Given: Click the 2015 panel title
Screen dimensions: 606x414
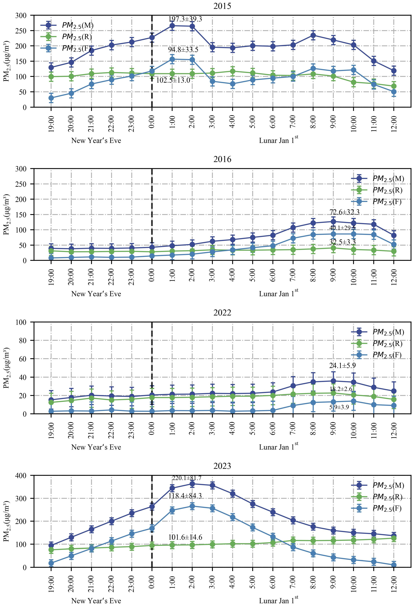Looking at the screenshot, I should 222,6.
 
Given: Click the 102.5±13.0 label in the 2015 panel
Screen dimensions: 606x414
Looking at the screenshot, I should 173,80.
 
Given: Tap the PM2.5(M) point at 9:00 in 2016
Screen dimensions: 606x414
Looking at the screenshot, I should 333,222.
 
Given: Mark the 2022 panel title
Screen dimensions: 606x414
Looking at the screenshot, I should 222,313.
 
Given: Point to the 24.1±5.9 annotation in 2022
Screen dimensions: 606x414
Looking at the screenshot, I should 342,366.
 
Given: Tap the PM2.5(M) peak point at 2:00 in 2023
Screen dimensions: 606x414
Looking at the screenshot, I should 192,484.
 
